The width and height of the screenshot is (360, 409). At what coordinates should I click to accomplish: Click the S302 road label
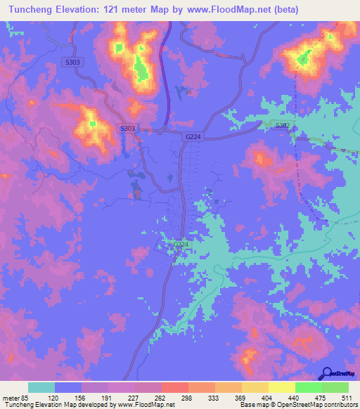pyautogui.click(x=282, y=125)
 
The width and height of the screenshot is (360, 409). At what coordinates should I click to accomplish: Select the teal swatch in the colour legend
pyautogui.click(x=41, y=387)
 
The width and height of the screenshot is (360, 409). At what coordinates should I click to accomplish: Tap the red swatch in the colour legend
pyautogui.click(x=175, y=387)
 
